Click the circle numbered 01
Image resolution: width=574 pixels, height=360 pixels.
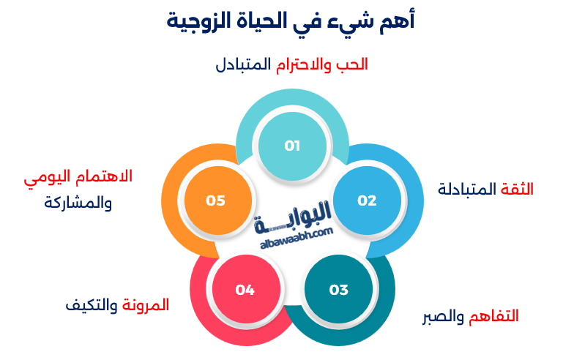pyautogui.click(x=292, y=146)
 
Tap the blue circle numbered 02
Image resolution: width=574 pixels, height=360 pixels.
pyautogui.click(x=367, y=200)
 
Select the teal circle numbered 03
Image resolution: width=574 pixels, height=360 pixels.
pyautogui.click(x=338, y=290)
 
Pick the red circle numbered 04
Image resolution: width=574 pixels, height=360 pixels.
pyautogui.click(x=245, y=290)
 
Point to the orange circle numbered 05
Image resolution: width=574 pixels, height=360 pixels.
pyautogui.click(x=216, y=200)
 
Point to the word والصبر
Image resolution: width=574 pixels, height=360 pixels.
pyautogui.click(x=442, y=316)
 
